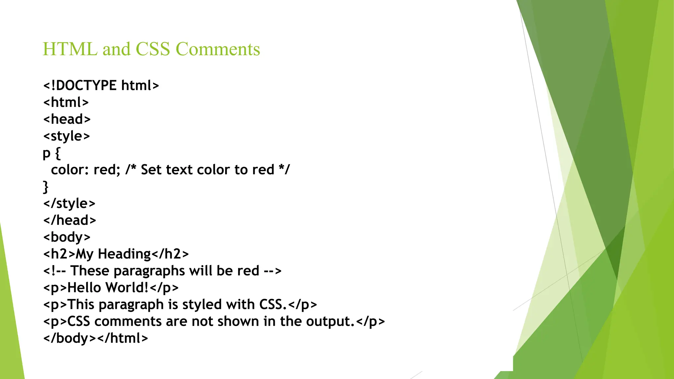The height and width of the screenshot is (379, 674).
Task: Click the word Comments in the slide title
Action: tap(218, 49)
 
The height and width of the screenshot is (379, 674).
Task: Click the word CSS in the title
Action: tap(153, 49)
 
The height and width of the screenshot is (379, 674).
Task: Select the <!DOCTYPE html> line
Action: tap(101, 86)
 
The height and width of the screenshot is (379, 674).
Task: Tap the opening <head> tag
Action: tap(67, 119)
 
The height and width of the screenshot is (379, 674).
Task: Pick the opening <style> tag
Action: tap(66, 136)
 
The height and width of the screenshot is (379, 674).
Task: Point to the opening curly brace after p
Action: tap(58, 153)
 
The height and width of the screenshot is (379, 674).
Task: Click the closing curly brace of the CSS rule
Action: tap(46, 187)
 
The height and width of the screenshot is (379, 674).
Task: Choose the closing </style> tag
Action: tap(69, 204)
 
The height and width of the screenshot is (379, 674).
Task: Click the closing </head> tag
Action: tap(69, 220)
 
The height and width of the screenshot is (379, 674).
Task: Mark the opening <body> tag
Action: tap(67, 237)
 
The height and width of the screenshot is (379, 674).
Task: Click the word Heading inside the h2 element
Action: tap(124, 254)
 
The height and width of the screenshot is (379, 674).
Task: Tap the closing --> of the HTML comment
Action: tap(273, 271)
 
